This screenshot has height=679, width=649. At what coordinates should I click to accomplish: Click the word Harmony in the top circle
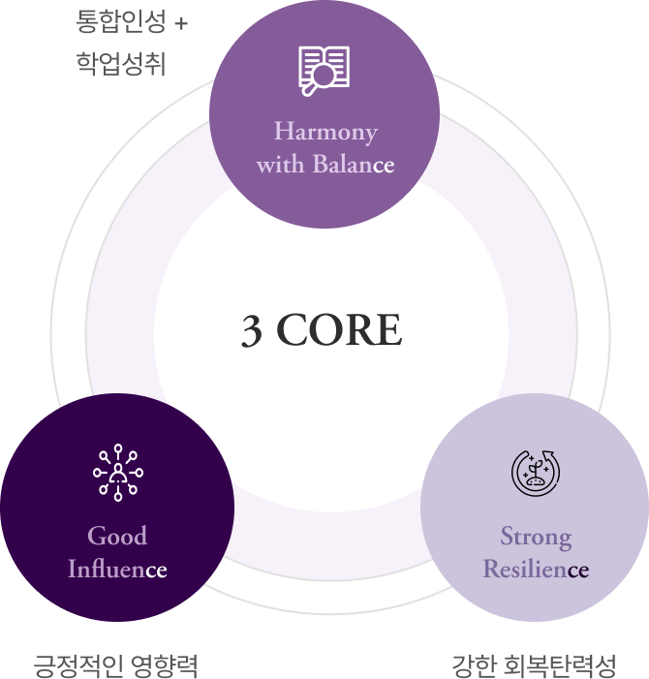tap(325, 131)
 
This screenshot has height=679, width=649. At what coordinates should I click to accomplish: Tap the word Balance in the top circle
tap(353, 164)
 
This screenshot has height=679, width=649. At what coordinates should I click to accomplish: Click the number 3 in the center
tap(251, 331)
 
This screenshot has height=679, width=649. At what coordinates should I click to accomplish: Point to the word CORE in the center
tap(339, 331)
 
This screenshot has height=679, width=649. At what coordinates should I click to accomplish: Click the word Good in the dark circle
tap(117, 536)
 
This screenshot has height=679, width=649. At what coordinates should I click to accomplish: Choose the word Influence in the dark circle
tap(117, 569)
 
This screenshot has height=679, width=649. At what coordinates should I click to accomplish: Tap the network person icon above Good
tap(117, 473)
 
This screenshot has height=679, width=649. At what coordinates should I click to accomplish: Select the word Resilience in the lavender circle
tap(536, 569)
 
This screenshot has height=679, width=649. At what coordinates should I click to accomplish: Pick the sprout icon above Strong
tap(536, 473)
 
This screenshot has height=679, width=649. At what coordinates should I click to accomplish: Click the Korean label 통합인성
tap(120, 21)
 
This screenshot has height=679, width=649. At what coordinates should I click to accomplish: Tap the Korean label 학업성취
tap(120, 64)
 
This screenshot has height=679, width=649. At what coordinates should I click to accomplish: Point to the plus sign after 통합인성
tap(181, 22)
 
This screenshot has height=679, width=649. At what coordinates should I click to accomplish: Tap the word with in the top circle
tap(280, 164)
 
